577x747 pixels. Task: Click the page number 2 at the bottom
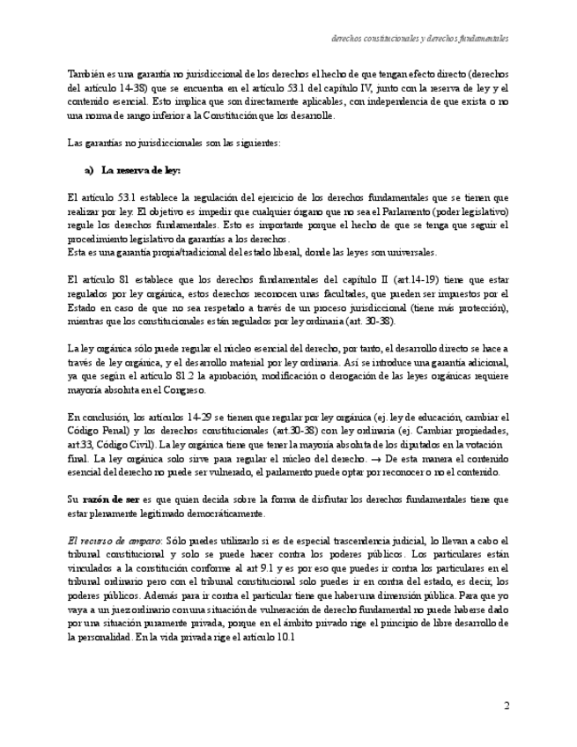click(x=506, y=706)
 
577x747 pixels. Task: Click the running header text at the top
click(x=419, y=40)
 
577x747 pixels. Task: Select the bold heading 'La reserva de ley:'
click(x=141, y=170)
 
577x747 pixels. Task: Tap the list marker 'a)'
click(x=89, y=170)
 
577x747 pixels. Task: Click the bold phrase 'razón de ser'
click(x=111, y=499)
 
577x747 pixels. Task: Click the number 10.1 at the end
click(x=285, y=637)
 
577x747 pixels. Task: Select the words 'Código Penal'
click(x=97, y=431)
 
